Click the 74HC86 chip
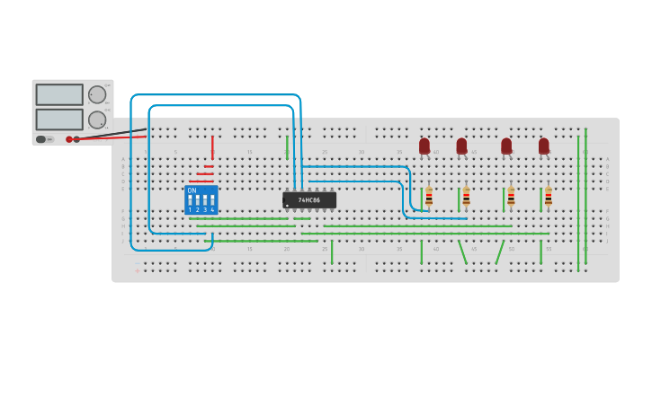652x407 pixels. pyautogui.click(x=309, y=200)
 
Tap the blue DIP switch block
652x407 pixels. pyautogui.click(x=201, y=199)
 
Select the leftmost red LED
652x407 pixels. pyautogui.click(x=424, y=146)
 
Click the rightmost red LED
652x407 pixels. pyautogui.click(x=544, y=146)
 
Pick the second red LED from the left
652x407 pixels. pyautogui.click(x=461, y=146)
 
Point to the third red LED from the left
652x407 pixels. pyautogui.click(x=506, y=146)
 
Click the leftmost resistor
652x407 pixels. pyautogui.click(x=429, y=197)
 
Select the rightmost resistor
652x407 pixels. pyautogui.click(x=548, y=197)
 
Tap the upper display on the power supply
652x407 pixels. pyautogui.click(x=59, y=94)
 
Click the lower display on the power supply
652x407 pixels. pyautogui.click(x=59, y=119)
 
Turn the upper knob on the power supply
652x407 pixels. pyautogui.click(x=96, y=94)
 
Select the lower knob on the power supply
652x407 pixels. pyautogui.click(x=96, y=119)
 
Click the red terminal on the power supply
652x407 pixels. pyautogui.click(x=69, y=139)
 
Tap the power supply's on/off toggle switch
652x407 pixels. pyautogui.click(x=42, y=139)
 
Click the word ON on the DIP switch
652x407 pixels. pyautogui.click(x=192, y=190)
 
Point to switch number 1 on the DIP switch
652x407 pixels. pyautogui.click(x=190, y=200)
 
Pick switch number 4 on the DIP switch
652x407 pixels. pyautogui.click(x=212, y=200)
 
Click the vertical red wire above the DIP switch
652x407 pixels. pyautogui.click(x=212, y=147)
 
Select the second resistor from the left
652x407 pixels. pyautogui.click(x=466, y=197)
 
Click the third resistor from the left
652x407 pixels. pyautogui.click(x=511, y=197)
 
